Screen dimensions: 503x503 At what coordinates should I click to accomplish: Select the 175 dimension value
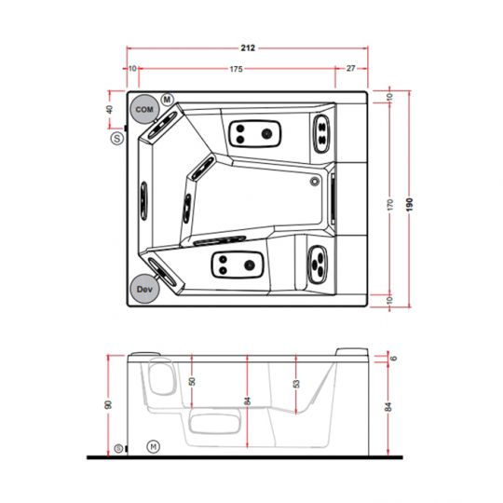click(237, 69)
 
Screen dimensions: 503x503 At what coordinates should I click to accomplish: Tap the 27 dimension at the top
click(350, 69)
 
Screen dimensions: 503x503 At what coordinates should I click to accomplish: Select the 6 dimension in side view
click(393, 358)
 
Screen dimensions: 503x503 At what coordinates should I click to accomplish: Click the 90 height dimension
click(110, 405)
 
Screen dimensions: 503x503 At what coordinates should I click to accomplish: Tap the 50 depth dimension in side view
click(193, 381)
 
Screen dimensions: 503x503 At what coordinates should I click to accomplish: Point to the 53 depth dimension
click(296, 383)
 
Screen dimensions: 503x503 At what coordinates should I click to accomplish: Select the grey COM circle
click(143, 110)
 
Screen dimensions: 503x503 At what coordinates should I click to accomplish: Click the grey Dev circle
click(143, 290)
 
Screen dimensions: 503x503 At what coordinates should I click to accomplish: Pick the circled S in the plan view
click(116, 138)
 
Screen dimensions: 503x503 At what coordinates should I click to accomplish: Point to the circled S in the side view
click(118, 449)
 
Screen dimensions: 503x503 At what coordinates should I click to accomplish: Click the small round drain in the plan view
click(315, 182)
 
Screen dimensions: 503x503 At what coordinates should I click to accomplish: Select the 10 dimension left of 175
click(133, 69)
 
